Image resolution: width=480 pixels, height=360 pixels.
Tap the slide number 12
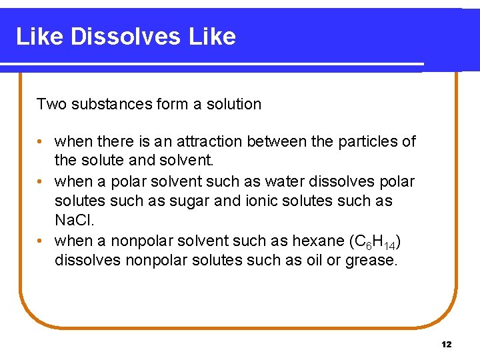(446, 344)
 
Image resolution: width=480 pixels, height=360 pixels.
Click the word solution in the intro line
(233, 104)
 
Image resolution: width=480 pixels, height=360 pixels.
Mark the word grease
(371, 261)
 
